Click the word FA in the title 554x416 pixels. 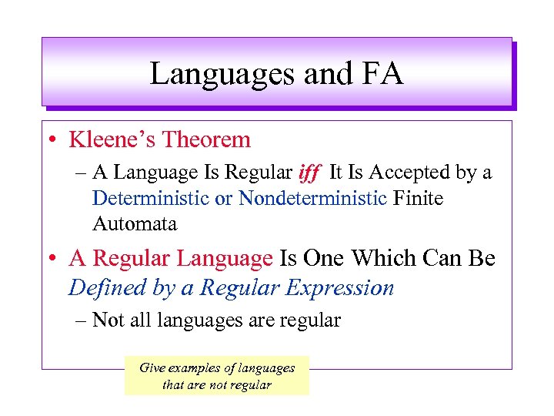pyautogui.click(x=381, y=74)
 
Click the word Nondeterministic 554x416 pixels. pyautogui.click(x=312, y=198)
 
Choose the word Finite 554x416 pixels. pyautogui.click(x=418, y=198)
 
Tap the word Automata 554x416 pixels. pyautogui.click(x=135, y=224)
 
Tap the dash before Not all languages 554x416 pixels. pyautogui.click(x=81, y=320)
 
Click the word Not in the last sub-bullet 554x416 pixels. pyautogui.click(x=108, y=320)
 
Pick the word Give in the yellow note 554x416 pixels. pyautogui.click(x=151, y=367)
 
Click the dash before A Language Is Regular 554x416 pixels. pyautogui.click(x=81, y=173)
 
